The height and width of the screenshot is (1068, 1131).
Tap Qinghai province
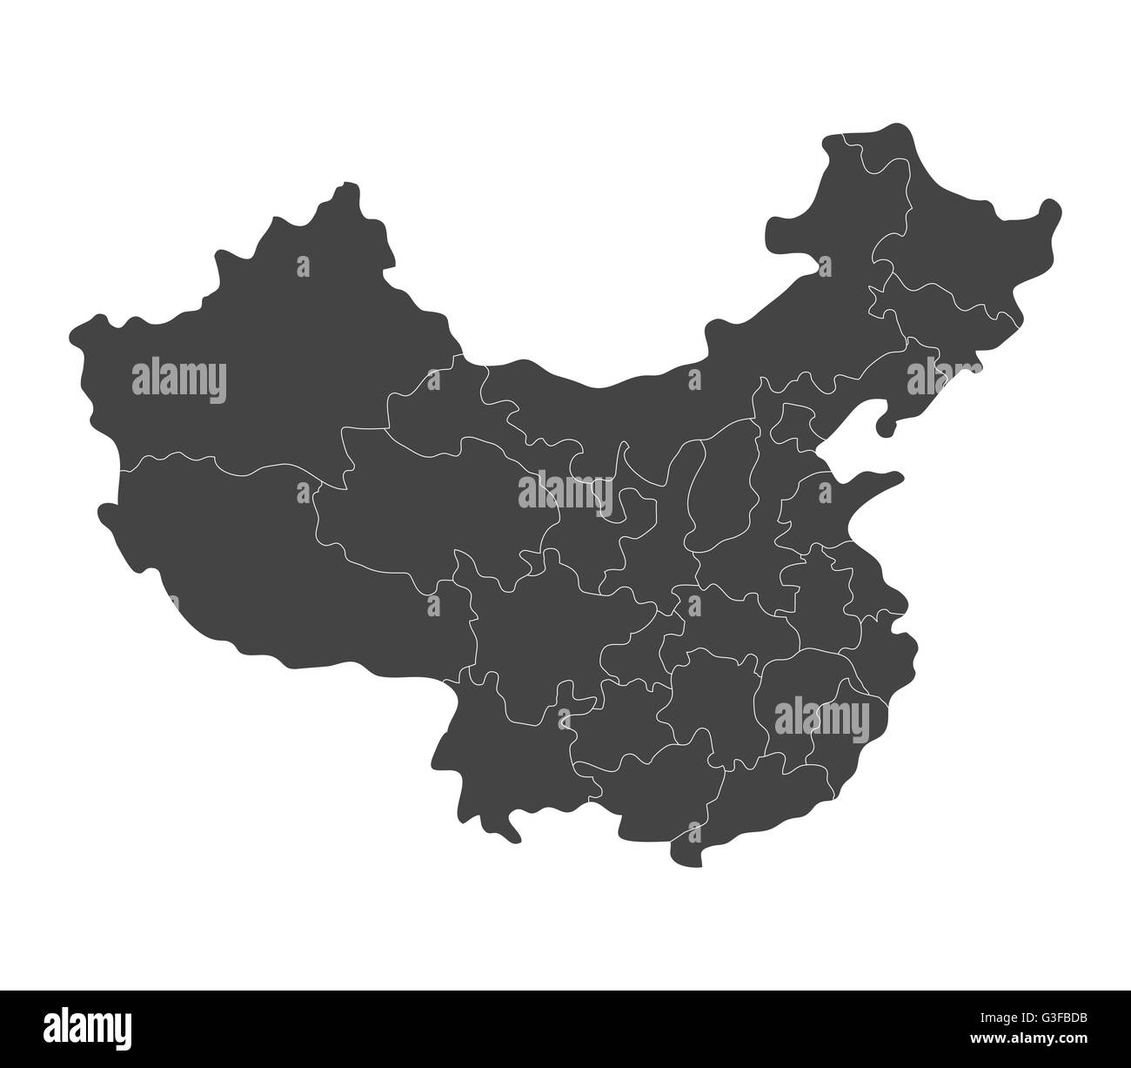point(418,505)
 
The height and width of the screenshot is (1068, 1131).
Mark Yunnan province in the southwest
point(487,749)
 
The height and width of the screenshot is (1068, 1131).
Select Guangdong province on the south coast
point(766,783)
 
